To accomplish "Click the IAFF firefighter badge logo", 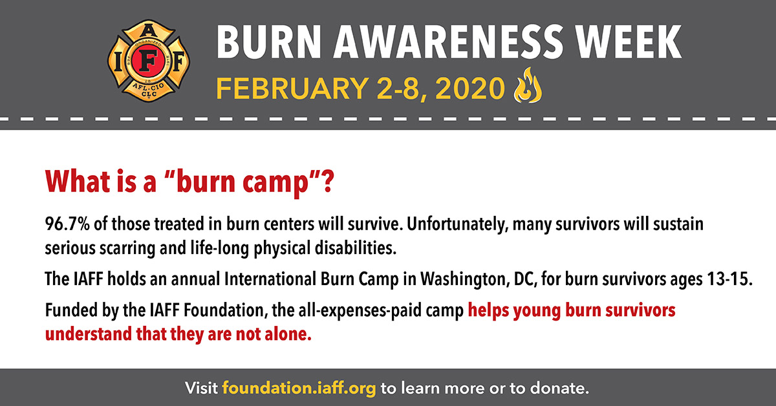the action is click(149, 61).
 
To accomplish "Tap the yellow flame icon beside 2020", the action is click(528, 85).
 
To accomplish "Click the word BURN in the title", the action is click(269, 42).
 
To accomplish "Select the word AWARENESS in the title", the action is click(447, 42).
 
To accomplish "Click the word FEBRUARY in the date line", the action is click(292, 89).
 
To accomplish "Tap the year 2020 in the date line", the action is click(469, 89).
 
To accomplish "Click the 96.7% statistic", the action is click(67, 224).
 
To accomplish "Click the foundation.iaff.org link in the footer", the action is click(299, 389).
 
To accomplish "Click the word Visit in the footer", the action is click(201, 388).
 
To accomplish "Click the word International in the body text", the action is click(270, 279).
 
